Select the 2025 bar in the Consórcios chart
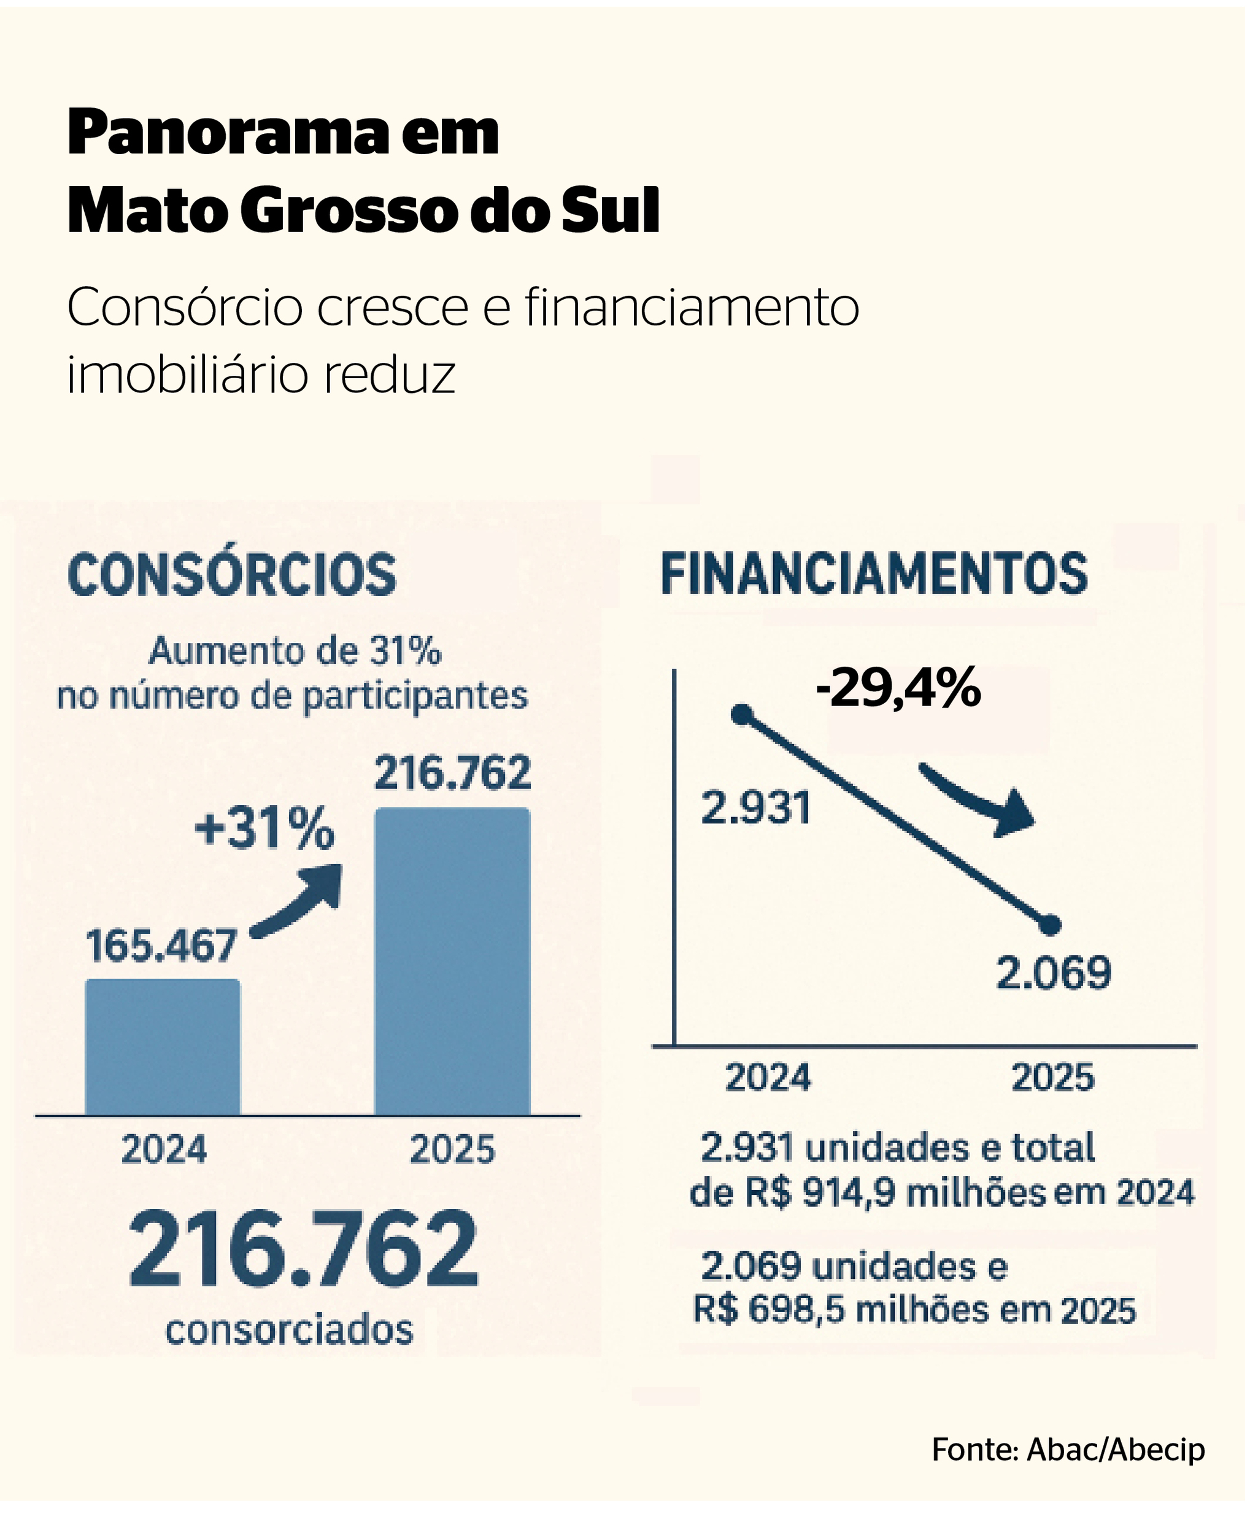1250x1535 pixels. pyautogui.click(x=453, y=962)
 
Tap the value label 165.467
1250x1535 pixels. pyautogui.click(x=161, y=946)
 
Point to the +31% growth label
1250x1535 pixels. pyautogui.click(x=264, y=828)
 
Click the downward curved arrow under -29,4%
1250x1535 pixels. pyautogui.click(x=980, y=800)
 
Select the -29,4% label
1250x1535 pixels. pyautogui.click(x=898, y=688)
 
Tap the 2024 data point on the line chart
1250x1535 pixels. pyautogui.click(x=742, y=715)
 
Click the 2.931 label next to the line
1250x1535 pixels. pyautogui.click(x=756, y=807)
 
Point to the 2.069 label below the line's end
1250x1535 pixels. pyautogui.click(x=1054, y=973)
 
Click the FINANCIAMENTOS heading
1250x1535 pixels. pyautogui.click(x=874, y=573)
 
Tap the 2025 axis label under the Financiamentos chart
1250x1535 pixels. pyautogui.click(x=1052, y=1078)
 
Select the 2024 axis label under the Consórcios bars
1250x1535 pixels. pyautogui.click(x=164, y=1149)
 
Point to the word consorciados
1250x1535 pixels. pyautogui.click(x=290, y=1330)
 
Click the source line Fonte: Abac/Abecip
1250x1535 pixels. pyautogui.click(x=1068, y=1449)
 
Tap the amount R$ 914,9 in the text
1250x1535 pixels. pyautogui.click(x=820, y=1193)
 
